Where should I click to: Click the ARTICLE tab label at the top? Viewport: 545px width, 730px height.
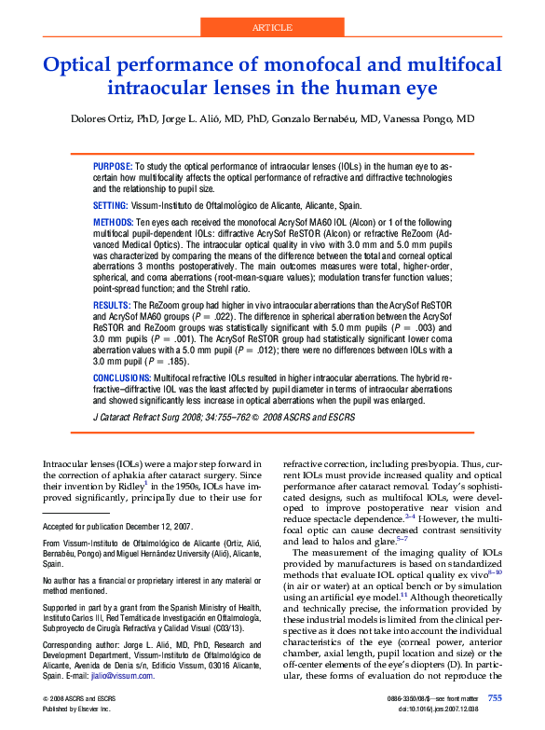(x=272, y=28)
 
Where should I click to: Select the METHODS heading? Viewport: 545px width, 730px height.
(x=114, y=224)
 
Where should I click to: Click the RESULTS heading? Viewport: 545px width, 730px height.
(x=112, y=305)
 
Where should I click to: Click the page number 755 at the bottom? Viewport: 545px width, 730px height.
(x=495, y=697)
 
